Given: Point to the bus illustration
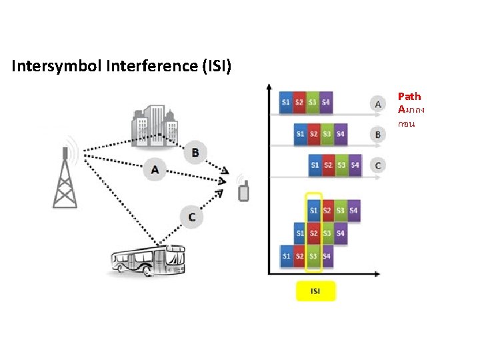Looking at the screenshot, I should [x=147, y=260].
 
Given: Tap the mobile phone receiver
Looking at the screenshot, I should [x=243, y=190].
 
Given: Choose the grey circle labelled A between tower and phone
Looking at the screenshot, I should [x=155, y=170].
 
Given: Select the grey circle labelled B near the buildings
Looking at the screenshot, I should [x=195, y=153].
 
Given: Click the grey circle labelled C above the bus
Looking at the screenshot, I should [x=191, y=217].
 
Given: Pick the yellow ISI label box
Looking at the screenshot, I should [x=315, y=291].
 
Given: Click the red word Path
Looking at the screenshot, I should [x=409, y=97].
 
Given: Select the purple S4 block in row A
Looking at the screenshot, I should [x=325, y=102].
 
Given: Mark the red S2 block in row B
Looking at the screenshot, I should [x=314, y=134].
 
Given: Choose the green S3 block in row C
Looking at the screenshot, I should [x=342, y=165].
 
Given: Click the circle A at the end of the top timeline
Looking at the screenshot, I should [x=378, y=104].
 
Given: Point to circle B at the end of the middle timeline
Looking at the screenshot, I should [x=378, y=135].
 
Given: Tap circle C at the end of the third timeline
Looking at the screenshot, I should [x=378, y=165].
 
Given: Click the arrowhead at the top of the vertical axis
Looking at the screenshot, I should [x=268, y=87].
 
